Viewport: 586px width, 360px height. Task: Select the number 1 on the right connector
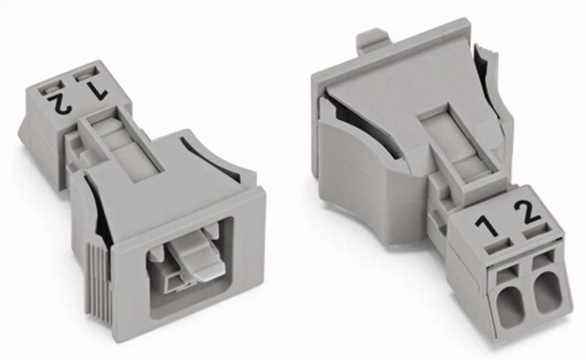[x=486, y=224]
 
